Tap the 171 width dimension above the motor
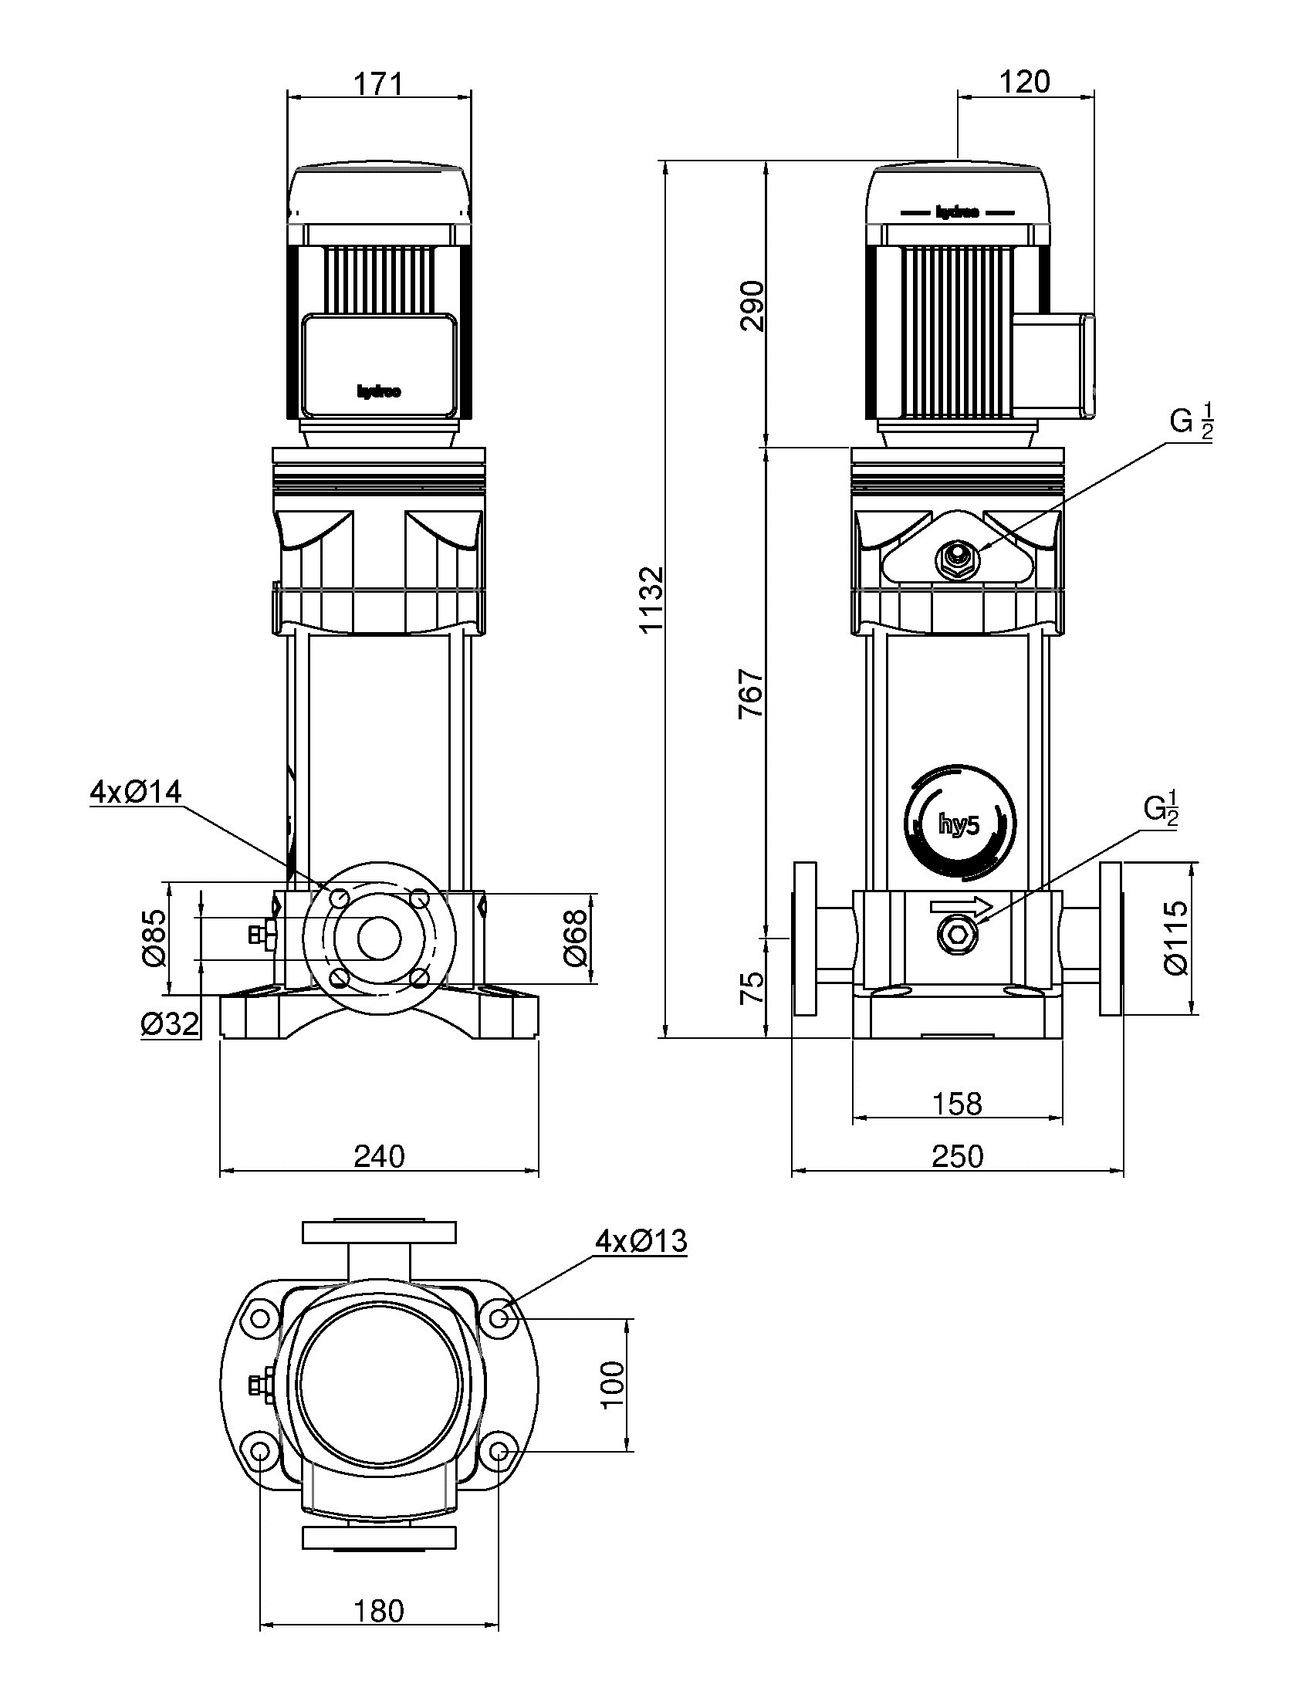click(x=378, y=83)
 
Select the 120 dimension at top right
click(x=1025, y=82)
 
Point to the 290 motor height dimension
click(x=752, y=306)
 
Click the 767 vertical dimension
click(x=752, y=692)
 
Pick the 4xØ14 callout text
click(x=135, y=792)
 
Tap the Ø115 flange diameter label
click(x=1177, y=938)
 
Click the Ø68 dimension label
click(x=576, y=938)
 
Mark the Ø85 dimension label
click(x=154, y=938)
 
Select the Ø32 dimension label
click(x=170, y=1024)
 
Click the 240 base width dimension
click(x=379, y=1157)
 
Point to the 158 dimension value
click(x=957, y=1103)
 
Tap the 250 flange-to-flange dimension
click(x=957, y=1156)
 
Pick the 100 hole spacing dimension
click(x=613, y=1384)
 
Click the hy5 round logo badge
click(x=960, y=824)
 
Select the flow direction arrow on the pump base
click(x=961, y=906)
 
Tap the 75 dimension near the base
click(x=752, y=987)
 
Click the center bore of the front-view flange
click(x=378, y=938)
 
